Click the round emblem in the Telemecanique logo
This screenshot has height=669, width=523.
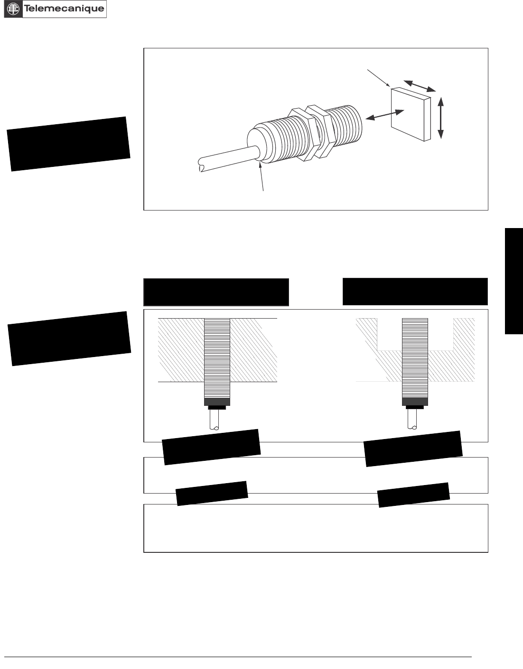point(14,9)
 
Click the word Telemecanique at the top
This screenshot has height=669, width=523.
point(64,9)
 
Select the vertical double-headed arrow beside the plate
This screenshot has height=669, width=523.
point(441,118)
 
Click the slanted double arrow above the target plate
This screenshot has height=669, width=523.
point(419,85)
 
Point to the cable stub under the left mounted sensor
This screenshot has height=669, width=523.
point(217,420)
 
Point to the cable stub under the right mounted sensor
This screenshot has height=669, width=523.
point(415,420)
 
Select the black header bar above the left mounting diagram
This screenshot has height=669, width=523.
point(216,292)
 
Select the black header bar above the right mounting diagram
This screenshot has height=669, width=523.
point(415,292)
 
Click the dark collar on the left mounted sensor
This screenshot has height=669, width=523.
point(217,402)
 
